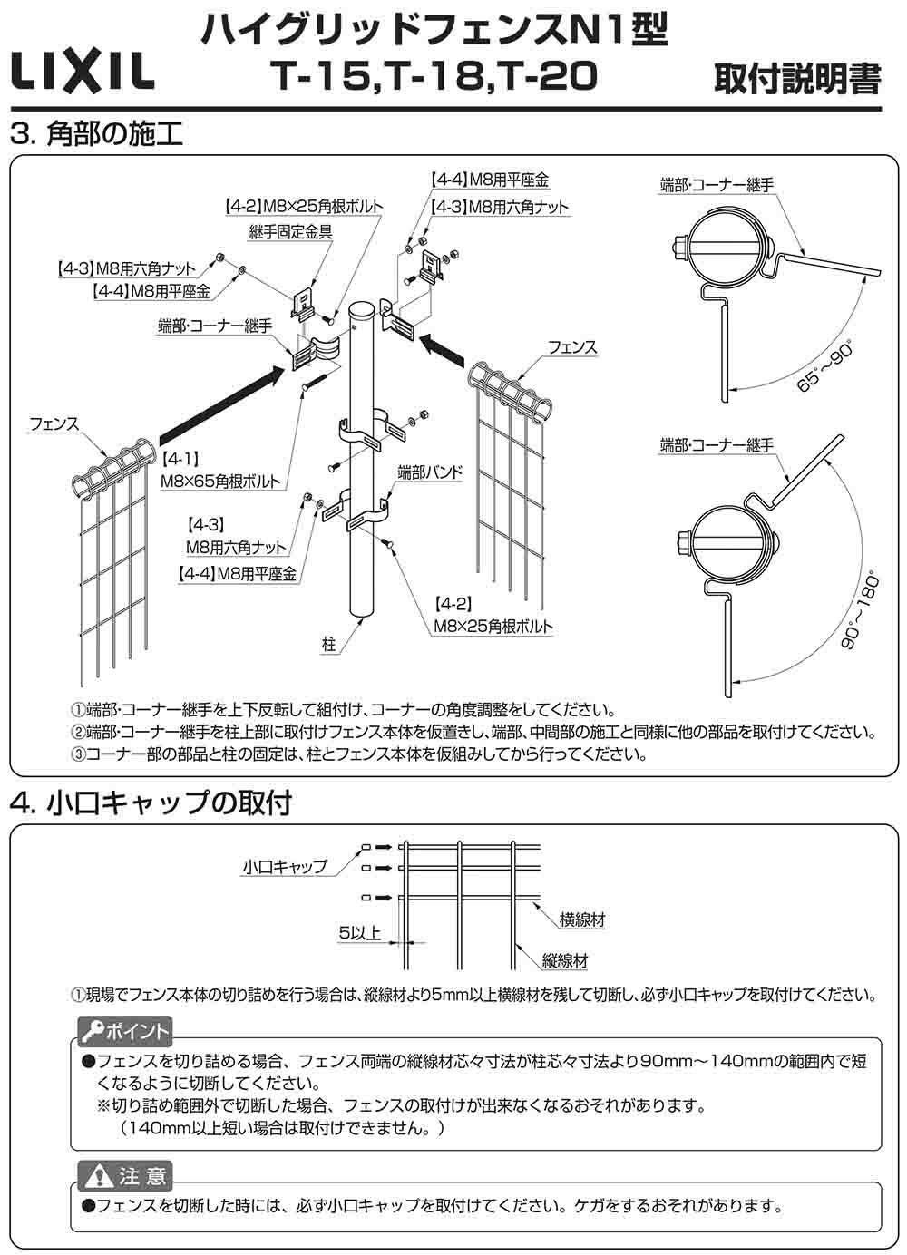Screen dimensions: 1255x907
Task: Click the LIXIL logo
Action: coord(82,70)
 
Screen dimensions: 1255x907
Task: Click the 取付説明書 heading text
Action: coord(797,79)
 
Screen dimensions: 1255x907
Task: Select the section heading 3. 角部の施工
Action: coord(96,134)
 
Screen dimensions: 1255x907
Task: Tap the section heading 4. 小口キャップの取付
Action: coord(151,803)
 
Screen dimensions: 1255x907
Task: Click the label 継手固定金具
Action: coord(290,232)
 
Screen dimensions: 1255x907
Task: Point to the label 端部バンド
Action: coord(430,472)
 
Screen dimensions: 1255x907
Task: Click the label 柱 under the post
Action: coord(328,644)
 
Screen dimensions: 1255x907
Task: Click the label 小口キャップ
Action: coord(284,866)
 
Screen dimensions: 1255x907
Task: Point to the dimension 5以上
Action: coord(359,932)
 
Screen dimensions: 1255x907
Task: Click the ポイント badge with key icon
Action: coord(125,1032)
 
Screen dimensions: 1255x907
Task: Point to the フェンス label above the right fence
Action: coord(572,346)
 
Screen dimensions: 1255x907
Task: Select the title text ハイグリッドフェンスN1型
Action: coord(434,32)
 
